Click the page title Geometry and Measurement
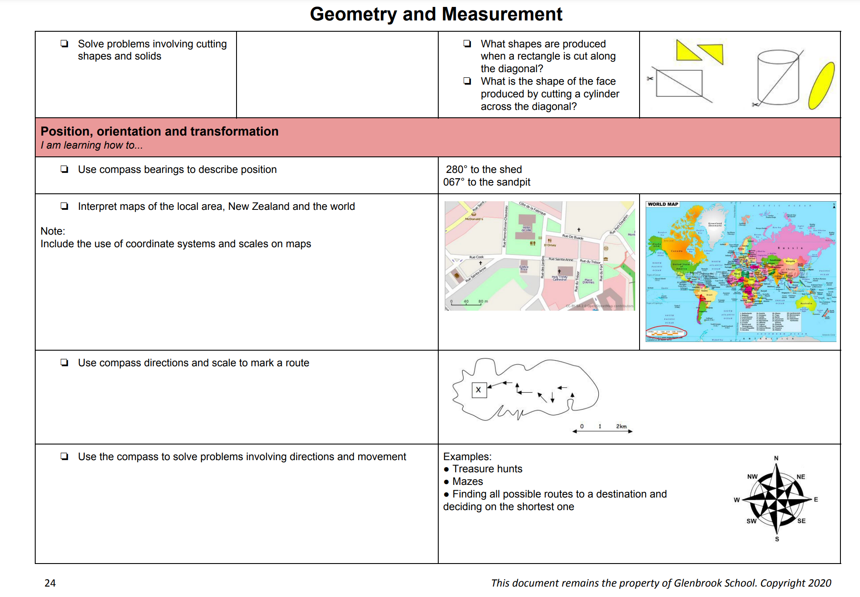coord(436,14)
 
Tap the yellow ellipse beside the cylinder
coord(821,86)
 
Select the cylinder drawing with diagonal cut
coord(778,78)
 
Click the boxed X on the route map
coord(479,390)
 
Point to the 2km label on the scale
coord(621,426)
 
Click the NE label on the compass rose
coord(800,477)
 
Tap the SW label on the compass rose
coord(751,521)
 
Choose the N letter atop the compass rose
coord(776,458)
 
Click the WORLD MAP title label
coord(663,204)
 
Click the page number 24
coord(50,583)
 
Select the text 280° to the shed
coord(483,169)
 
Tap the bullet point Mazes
coord(467,481)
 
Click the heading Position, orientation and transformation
coord(160,131)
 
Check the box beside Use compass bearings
coord(64,169)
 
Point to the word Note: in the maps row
coord(53,231)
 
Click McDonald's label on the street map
coord(474,219)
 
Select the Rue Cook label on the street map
coord(476,257)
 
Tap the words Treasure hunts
coord(487,469)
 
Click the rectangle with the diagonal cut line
coord(679,83)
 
